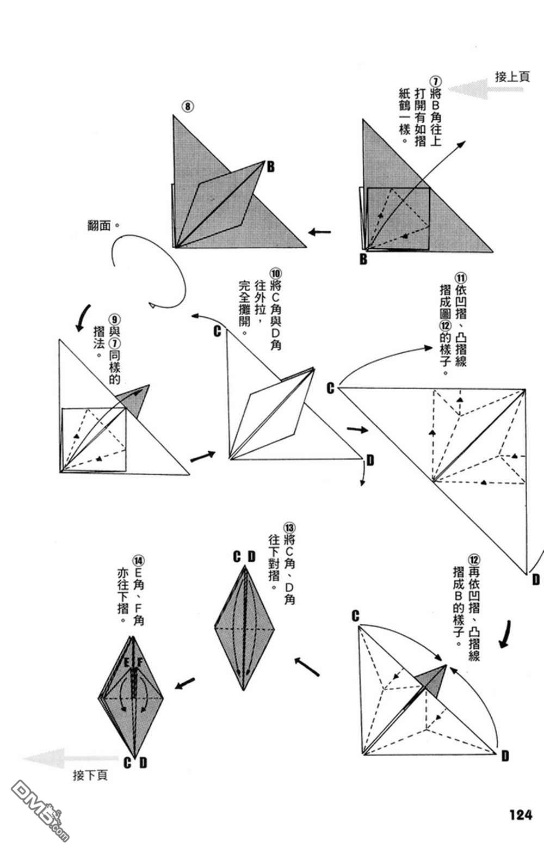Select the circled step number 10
275,273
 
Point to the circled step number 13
289,528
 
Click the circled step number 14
138,561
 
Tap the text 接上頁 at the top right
512,76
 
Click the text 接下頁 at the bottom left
90,775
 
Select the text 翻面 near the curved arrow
102,225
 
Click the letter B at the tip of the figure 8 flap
270,167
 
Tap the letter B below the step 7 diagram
363,259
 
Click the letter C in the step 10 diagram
217,331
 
